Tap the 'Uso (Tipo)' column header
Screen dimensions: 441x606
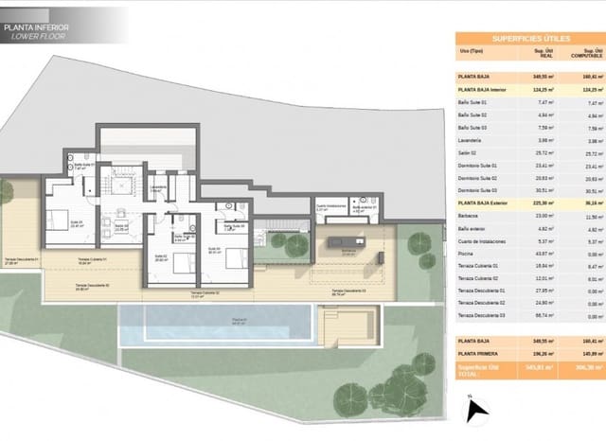472,54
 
